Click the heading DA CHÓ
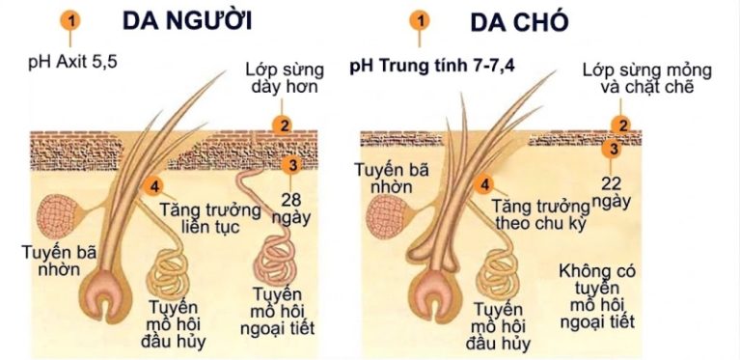pyautogui.click(x=519, y=20)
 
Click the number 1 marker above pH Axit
pyautogui.click(x=69, y=20)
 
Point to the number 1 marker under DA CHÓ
pyautogui.click(x=420, y=20)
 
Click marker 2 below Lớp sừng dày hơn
pyautogui.click(x=282, y=125)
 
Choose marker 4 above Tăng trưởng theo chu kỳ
pyautogui.click(x=486, y=183)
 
